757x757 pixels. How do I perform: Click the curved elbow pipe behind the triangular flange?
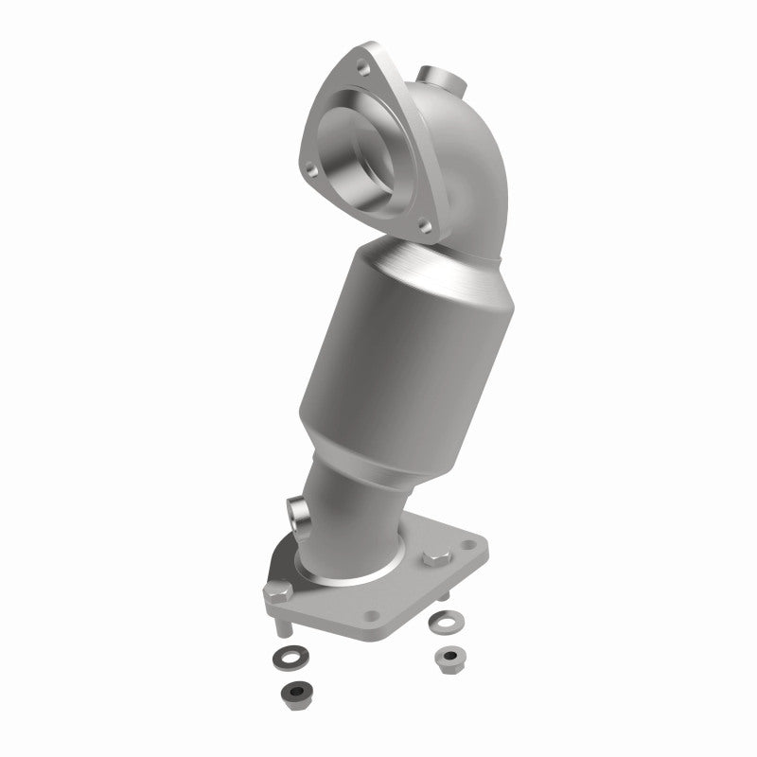tap(445, 180)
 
